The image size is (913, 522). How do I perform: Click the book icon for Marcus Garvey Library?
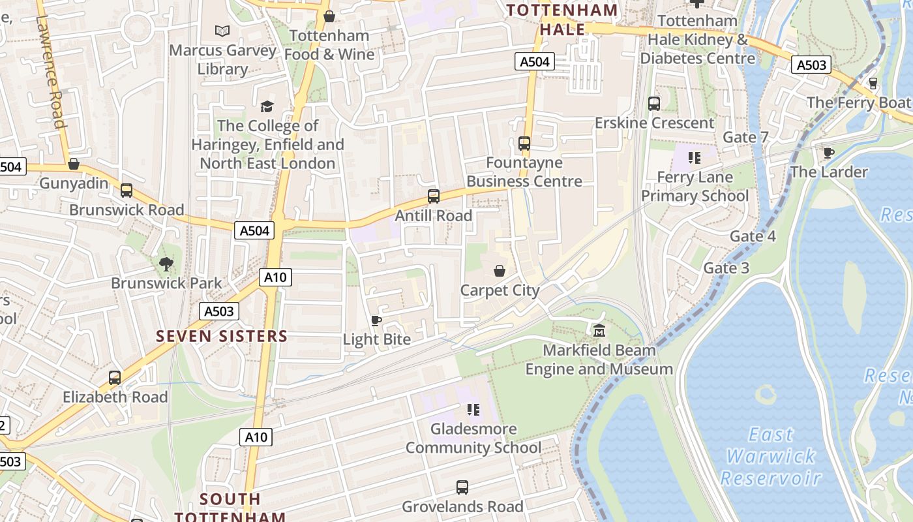tap(222, 31)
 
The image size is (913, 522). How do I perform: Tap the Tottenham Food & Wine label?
tap(329, 45)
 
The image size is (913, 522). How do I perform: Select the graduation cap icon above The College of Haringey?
tap(267, 106)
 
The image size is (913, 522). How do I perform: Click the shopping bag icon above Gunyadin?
tap(74, 164)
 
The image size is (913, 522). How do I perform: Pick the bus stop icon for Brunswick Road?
tap(127, 191)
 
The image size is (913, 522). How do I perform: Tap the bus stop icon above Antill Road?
tap(434, 196)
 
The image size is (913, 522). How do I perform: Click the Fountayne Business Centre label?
tap(524, 172)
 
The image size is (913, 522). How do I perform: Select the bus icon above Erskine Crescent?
tap(654, 104)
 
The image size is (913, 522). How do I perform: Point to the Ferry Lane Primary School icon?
tap(695, 157)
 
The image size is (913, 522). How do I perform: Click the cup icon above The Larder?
tap(829, 153)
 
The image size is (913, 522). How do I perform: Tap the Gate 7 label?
tap(745, 137)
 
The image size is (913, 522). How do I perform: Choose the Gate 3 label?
tap(726, 268)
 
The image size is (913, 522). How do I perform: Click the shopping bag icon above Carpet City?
tap(500, 271)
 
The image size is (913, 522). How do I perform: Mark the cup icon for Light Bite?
tap(376, 320)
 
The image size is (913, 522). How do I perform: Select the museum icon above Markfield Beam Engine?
tap(599, 331)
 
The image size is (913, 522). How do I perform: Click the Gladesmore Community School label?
tap(473, 438)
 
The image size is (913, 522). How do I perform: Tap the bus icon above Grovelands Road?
tap(462, 487)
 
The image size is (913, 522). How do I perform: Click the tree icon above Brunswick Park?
tap(166, 264)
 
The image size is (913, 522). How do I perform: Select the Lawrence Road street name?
tap(50, 72)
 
